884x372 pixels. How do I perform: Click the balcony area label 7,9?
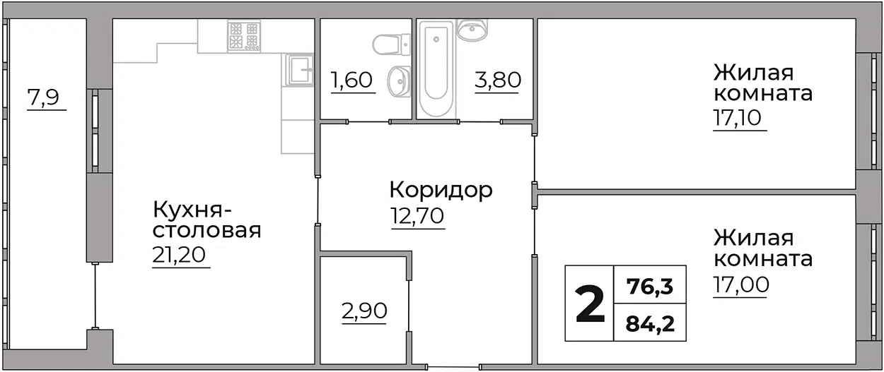pyautogui.click(x=43, y=97)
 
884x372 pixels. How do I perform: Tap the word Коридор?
pyautogui.click(x=441, y=191)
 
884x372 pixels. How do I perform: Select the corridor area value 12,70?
pyautogui.click(x=417, y=216)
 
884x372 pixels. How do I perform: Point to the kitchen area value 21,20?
pyautogui.click(x=179, y=255)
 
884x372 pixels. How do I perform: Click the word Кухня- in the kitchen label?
pyautogui.click(x=192, y=210)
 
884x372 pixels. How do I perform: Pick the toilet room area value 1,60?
pyautogui.click(x=351, y=80)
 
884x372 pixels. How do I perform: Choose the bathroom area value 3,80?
pyautogui.click(x=498, y=80)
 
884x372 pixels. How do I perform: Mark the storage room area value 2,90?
pyautogui.click(x=364, y=311)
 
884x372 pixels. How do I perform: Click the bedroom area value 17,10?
pyautogui.click(x=737, y=118)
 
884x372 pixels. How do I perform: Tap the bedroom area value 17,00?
pyautogui.click(x=741, y=284)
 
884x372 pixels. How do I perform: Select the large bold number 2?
pyautogui.click(x=590, y=304)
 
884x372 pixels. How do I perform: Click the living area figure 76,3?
pyautogui.click(x=650, y=286)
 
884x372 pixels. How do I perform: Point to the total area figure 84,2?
pyautogui.click(x=650, y=323)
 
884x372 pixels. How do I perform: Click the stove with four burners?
pyautogui.click(x=244, y=36)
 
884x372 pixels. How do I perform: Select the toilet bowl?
pyautogui.click(x=392, y=45)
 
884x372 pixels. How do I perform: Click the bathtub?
pyautogui.click(x=436, y=69)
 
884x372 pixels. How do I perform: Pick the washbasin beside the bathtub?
pyautogui.click(x=472, y=29)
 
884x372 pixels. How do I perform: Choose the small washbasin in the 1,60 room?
pyautogui.click(x=399, y=81)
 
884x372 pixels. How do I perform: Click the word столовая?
pyautogui.click(x=207, y=231)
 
